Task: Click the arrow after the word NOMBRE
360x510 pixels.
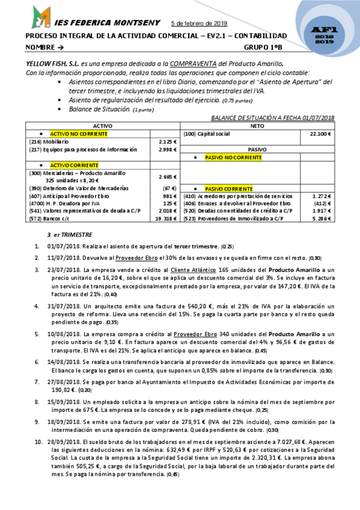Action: tap(61, 47)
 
